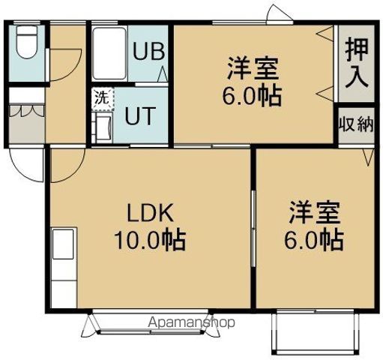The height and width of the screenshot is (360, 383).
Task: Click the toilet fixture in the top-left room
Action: (27, 42)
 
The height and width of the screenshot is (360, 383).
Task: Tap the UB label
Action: (149, 51)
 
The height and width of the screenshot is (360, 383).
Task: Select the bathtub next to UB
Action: (109, 53)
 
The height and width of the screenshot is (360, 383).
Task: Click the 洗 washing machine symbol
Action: (103, 99)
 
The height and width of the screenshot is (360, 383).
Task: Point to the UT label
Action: (140, 115)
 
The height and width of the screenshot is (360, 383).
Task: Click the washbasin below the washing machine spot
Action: (103, 127)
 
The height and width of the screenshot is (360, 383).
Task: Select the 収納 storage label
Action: (356, 124)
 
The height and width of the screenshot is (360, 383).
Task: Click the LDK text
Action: (151, 213)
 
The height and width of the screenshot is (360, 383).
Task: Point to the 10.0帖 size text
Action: (150, 240)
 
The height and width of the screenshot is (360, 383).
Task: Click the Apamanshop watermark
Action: (191, 322)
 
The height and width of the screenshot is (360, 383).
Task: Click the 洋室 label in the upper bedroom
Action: (253, 68)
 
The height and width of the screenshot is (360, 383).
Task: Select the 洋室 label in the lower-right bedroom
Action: (315, 212)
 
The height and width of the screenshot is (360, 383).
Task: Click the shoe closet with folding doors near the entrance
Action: (27, 124)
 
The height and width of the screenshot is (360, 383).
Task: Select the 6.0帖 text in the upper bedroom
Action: (253, 95)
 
